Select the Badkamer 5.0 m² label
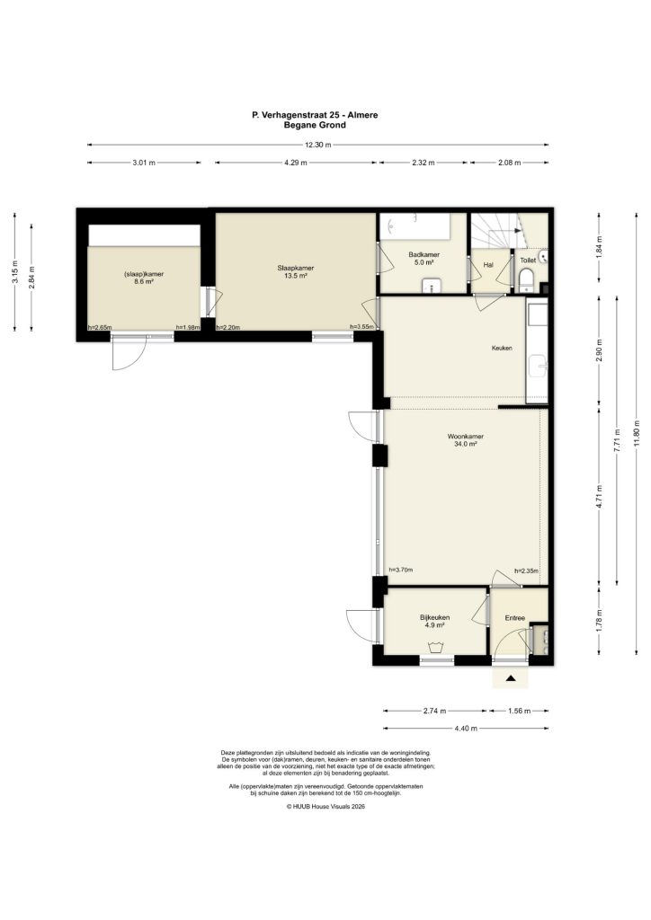point(422,259)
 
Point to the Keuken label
point(501,348)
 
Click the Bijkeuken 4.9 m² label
point(434,622)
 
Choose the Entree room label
point(514,617)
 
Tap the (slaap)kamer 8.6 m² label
point(143,278)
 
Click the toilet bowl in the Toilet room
point(526,280)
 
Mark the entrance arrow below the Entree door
point(511,679)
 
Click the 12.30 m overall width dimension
point(317,145)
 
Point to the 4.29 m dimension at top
point(295,163)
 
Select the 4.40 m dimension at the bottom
point(466,729)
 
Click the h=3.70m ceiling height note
point(400,571)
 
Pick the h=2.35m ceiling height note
point(526,571)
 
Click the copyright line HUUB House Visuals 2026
point(325,807)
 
